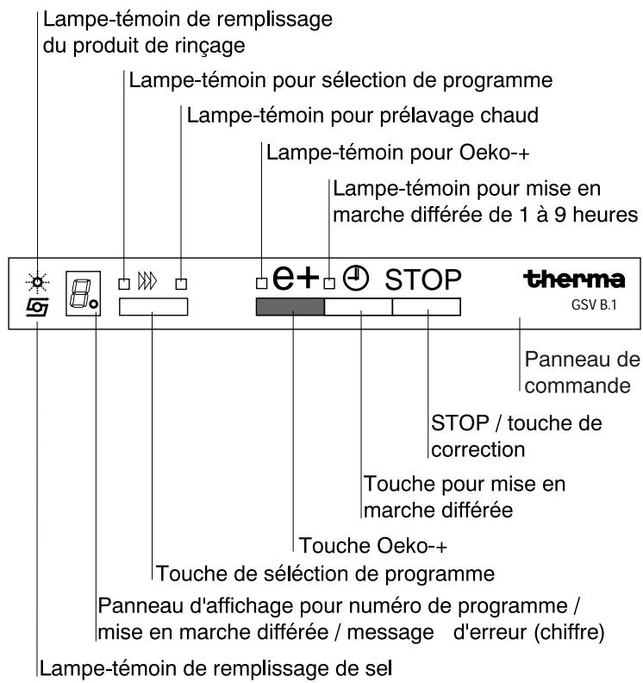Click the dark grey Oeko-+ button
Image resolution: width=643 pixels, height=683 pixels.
(x=290, y=308)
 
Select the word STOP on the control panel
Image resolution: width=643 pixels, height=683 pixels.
(x=424, y=279)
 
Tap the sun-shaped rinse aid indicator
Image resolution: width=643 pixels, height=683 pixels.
(x=38, y=280)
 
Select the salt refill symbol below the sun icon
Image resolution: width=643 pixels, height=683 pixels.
(x=38, y=302)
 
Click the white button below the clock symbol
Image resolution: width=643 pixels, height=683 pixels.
(x=358, y=308)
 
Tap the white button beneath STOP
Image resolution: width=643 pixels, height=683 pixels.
(x=427, y=308)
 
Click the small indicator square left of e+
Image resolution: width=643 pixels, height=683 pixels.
(x=261, y=283)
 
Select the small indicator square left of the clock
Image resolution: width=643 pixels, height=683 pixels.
(x=328, y=283)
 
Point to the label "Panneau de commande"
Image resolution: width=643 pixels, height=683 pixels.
(x=577, y=373)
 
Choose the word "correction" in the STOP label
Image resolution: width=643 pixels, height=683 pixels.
(x=478, y=449)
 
